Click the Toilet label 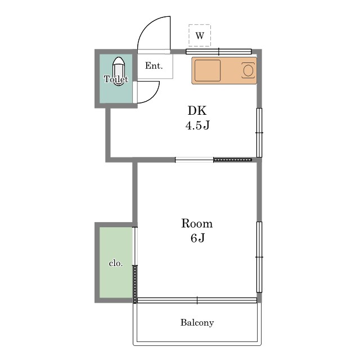(116, 79)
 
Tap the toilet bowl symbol (119, 71)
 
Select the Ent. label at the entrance (154, 66)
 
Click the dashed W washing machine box (200, 35)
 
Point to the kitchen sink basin (208, 70)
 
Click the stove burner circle (248, 70)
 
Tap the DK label (197, 111)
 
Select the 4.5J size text (197, 125)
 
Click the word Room (197, 223)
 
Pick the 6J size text (197, 238)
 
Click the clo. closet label (116, 263)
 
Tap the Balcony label (197, 322)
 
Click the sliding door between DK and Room (214, 160)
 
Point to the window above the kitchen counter (219, 52)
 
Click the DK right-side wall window (259, 133)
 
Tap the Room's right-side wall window (259, 257)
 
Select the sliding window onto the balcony (197, 300)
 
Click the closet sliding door (135, 265)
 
